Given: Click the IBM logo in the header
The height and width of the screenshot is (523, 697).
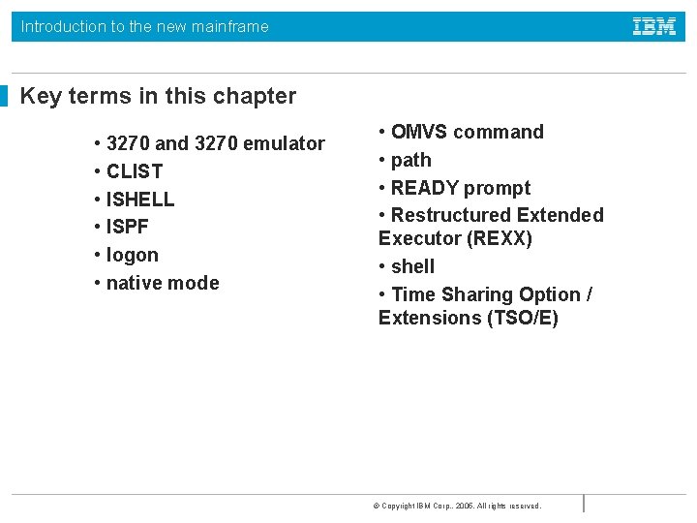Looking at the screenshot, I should click(654, 27).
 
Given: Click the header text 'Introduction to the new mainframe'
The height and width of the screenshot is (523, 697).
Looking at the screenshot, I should click(145, 27).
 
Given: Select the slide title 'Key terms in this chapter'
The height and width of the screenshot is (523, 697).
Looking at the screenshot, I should click(158, 96).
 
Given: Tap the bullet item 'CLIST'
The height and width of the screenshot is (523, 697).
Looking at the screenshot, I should click(134, 171).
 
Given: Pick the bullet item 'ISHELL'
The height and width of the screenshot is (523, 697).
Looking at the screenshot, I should click(139, 200).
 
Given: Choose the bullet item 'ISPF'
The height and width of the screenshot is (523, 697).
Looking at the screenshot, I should click(127, 227).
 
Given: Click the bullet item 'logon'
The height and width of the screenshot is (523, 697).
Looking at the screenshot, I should click(132, 255).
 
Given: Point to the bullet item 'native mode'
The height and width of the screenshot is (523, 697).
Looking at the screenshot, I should click(162, 283).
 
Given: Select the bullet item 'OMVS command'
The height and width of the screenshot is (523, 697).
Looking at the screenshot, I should click(467, 132).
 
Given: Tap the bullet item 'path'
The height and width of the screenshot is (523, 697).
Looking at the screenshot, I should click(410, 160).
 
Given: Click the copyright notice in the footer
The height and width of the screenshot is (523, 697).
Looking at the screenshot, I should click(457, 506).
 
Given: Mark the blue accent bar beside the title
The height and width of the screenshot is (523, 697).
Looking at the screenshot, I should click(4, 96).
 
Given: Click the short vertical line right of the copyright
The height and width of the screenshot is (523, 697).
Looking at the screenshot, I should click(584, 503).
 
